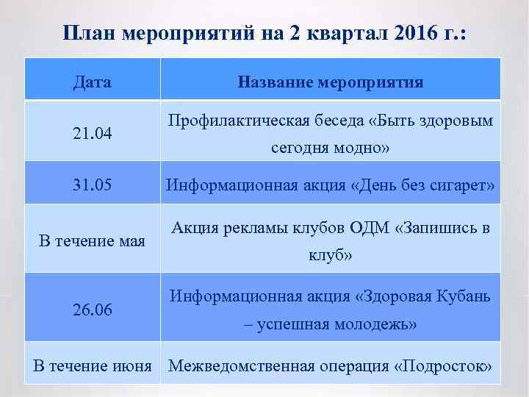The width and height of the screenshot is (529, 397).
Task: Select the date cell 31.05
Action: tap(93, 185)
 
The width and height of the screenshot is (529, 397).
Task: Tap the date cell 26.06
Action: tap(93, 310)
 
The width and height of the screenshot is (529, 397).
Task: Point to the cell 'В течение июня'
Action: tap(93, 366)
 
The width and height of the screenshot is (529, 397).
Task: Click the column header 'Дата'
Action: tap(93, 82)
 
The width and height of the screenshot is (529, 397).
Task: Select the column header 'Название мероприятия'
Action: tap(331, 82)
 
